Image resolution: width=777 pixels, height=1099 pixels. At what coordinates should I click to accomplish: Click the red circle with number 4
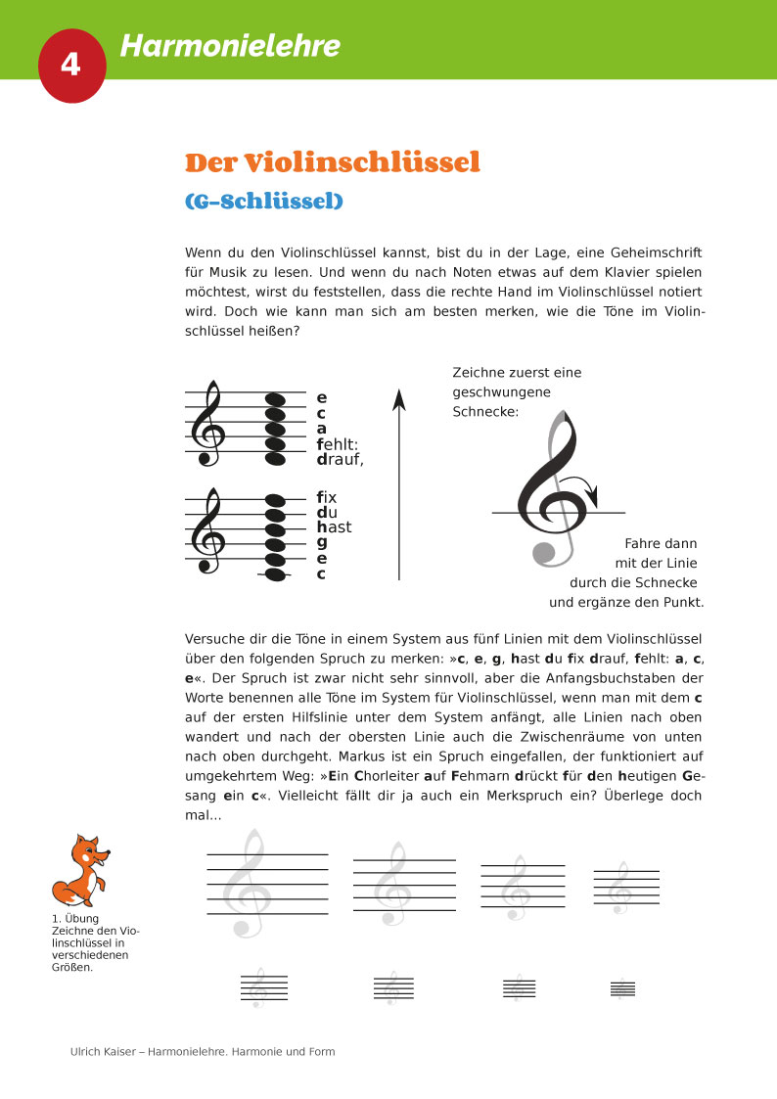[71, 64]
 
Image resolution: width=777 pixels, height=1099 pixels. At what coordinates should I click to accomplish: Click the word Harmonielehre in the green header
[230, 46]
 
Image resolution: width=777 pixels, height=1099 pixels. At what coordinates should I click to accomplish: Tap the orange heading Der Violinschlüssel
[333, 162]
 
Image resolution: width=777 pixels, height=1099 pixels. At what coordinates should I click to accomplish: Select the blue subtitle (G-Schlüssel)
[264, 202]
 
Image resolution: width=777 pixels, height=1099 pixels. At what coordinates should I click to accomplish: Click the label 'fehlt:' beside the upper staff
[338, 444]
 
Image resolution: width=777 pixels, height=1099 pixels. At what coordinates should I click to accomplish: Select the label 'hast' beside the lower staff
[334, 527]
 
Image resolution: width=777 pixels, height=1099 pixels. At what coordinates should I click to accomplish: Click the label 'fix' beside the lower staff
[327, 497]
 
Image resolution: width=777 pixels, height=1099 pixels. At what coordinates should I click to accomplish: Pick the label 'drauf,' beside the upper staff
[340, 459]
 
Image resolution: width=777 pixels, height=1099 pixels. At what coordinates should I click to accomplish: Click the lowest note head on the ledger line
[276, 575]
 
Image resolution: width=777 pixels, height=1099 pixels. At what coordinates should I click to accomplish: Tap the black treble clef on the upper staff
[208, 423]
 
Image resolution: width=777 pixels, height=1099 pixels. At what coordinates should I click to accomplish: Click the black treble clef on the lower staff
[208, 530]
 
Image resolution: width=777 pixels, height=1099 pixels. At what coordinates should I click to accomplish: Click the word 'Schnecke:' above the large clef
[486, 412]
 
